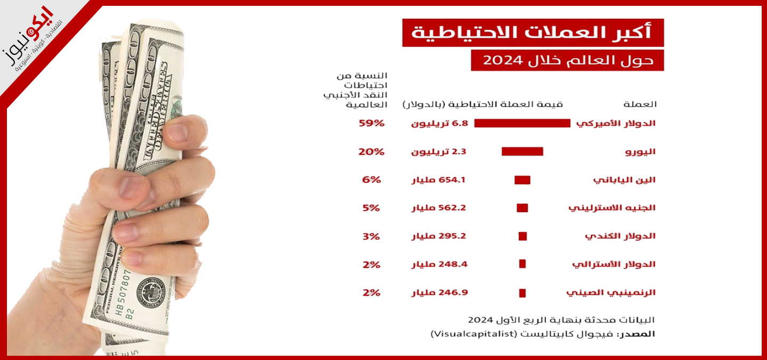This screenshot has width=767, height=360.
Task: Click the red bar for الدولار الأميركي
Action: [522, 123]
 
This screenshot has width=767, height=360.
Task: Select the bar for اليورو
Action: [522, 152]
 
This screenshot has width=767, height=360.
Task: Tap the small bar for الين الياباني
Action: [522, 180]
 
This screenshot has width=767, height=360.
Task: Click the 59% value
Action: [371, 123]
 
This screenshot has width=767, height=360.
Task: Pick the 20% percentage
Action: [371, 152]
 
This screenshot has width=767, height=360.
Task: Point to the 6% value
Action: [371, 180]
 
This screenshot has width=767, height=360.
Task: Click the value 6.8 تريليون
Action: [439, 123]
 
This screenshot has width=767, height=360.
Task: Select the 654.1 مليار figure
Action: [439, 180]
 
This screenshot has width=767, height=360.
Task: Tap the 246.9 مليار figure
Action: [439, 292]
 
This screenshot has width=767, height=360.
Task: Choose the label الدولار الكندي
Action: [620, 236]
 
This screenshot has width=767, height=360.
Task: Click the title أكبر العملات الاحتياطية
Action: [533, 32]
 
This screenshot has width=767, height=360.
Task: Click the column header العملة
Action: [640, 104]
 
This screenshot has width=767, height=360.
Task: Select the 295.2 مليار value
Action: [439, 236]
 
